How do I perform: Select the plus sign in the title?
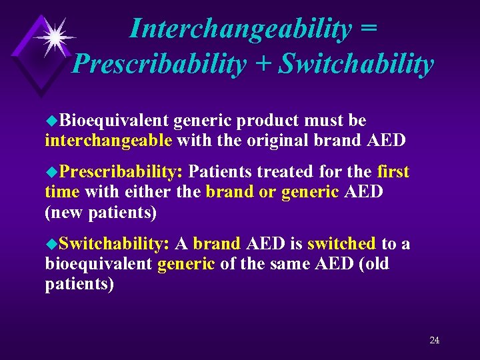[262, 64]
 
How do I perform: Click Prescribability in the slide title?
[159, 64]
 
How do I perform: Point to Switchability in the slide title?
[356, 64]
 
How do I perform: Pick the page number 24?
[434, 340]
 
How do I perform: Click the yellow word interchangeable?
[108, 141]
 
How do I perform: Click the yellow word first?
[393, 172]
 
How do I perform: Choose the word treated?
[285, 172]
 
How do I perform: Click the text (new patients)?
[101, 213]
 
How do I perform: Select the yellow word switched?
[341, 244]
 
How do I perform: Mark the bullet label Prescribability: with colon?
[121, 172]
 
